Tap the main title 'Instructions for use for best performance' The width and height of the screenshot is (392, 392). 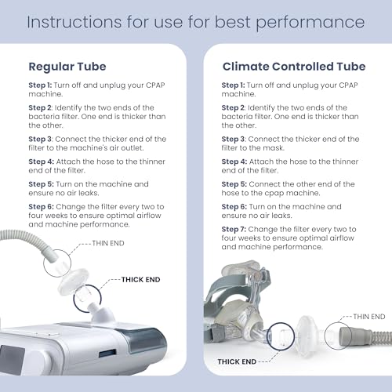195,20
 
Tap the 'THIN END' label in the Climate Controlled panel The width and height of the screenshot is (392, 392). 369,315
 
